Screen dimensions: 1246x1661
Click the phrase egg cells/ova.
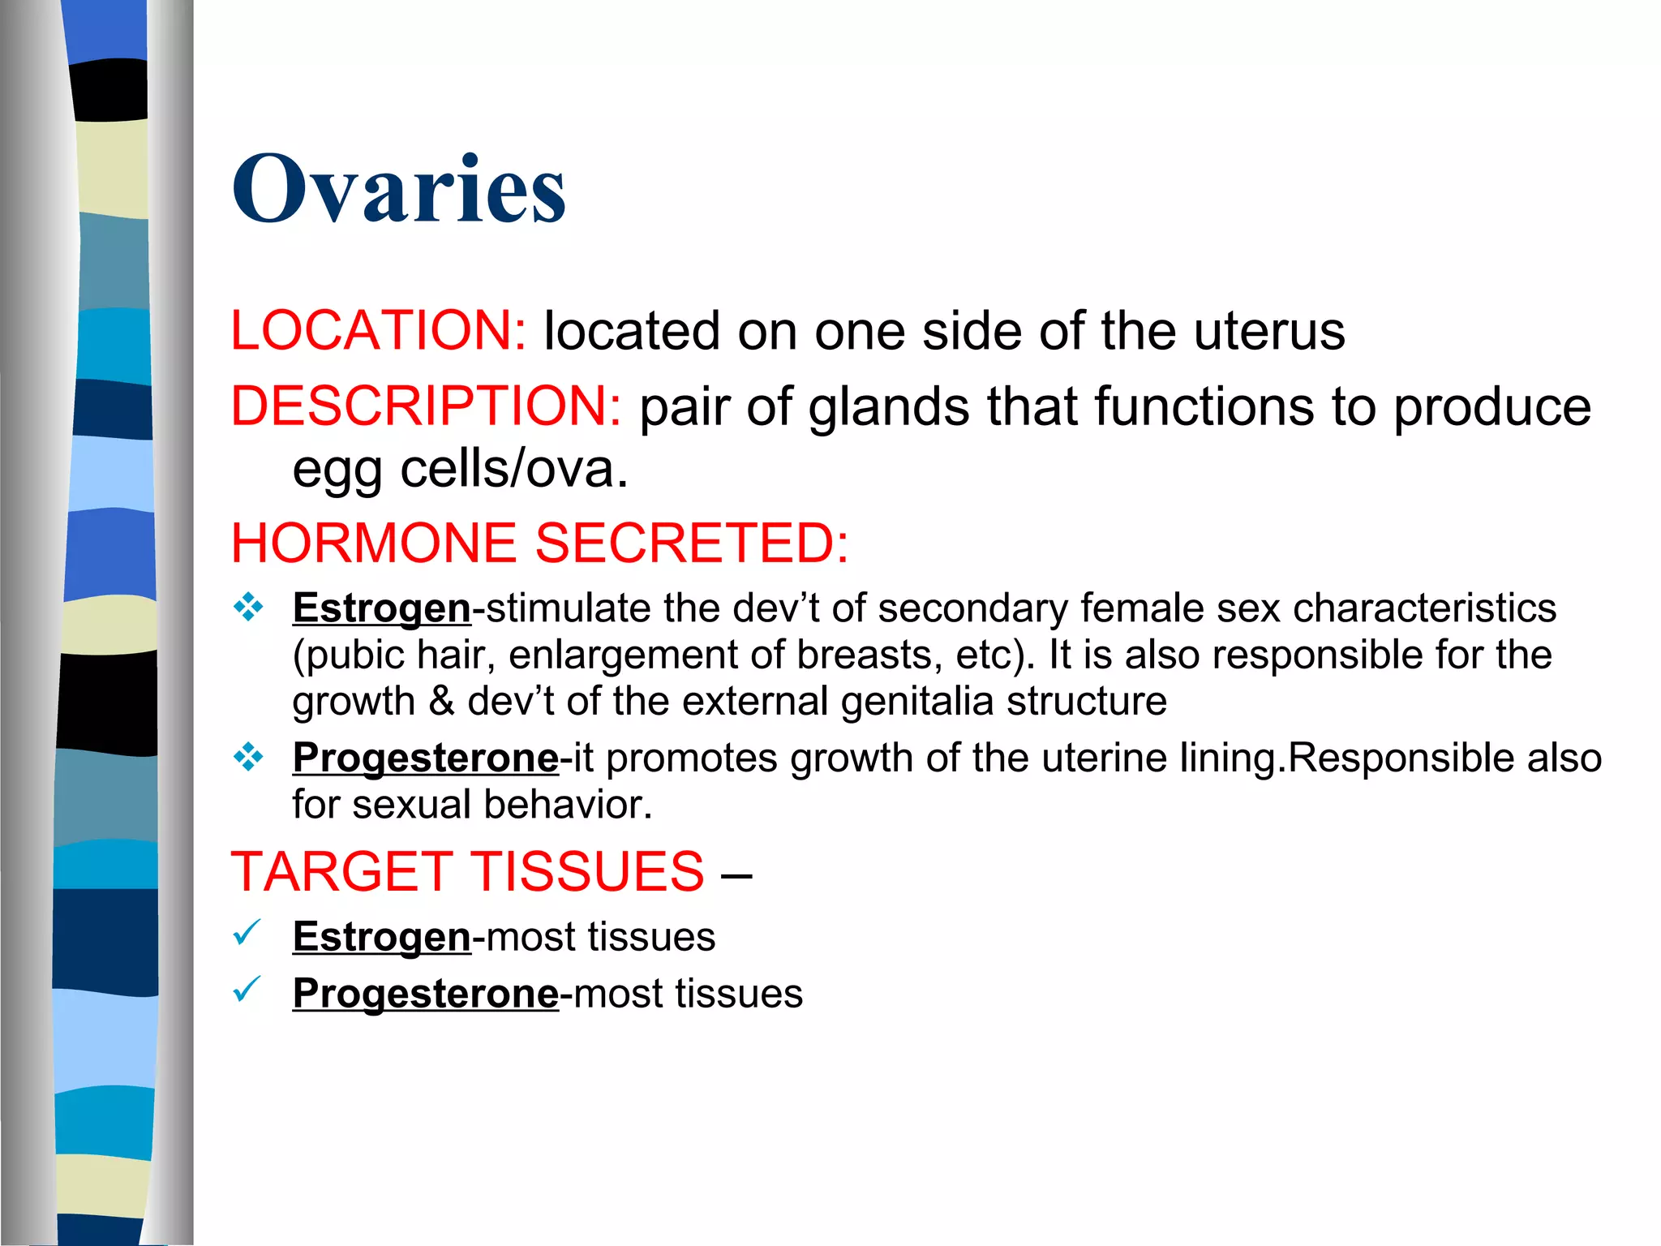coord(460,470)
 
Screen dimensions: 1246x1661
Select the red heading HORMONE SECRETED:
coord(539,543)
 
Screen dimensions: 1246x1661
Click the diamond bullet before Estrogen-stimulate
coord(248,608)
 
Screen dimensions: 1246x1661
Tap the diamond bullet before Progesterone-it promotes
coord(248,758)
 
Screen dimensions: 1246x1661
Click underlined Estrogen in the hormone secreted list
coord(381,608)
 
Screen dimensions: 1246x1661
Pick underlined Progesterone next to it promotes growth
coord(426,758)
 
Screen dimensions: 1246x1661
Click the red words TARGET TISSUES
coord(468,872)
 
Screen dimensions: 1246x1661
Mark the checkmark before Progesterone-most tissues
coord(247,990)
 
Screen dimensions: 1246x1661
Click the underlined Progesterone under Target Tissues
coord(426,994)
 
